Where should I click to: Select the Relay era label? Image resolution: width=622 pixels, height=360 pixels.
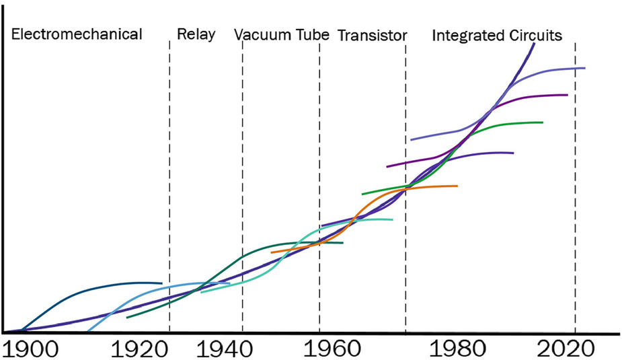196,34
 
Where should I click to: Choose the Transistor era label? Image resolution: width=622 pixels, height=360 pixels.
372,35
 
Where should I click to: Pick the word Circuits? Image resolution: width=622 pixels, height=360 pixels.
535,35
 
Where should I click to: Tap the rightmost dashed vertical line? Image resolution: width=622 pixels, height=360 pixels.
575,202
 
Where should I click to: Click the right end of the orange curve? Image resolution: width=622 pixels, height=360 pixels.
457,186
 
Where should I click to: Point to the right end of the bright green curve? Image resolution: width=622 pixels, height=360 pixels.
542,122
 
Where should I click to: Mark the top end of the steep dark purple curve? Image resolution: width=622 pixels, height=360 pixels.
534,44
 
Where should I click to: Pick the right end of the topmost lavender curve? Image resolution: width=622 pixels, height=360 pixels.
584,68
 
